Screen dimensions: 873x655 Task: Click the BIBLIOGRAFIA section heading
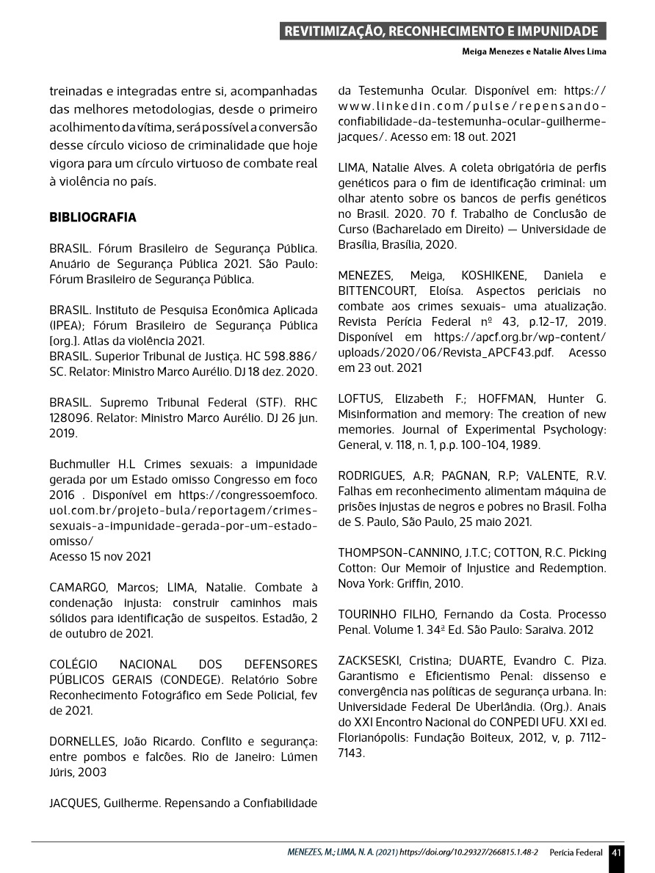[93, 218]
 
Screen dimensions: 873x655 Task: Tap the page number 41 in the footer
[615, 852]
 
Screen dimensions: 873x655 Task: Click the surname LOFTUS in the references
[359, 399]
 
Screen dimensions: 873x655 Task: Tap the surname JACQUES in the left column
[73, 803]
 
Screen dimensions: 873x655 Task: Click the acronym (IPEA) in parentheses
[68, 325]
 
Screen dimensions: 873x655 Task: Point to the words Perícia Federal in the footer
[576, 852]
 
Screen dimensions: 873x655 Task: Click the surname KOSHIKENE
[493, 276]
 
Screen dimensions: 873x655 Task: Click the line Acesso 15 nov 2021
[100, 556]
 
